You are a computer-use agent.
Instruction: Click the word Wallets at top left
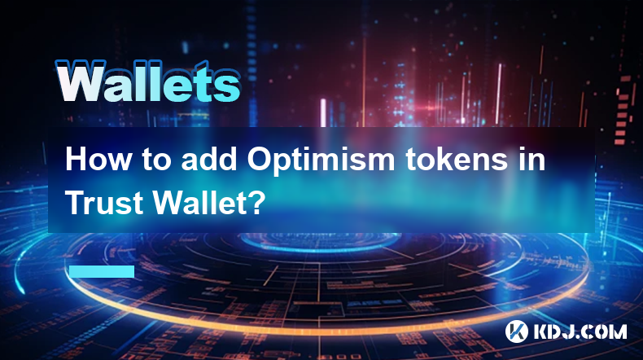click(x=147, y=82)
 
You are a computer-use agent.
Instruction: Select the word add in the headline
click(x=209, y=160)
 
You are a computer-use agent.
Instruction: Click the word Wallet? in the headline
click(x=207, y=202)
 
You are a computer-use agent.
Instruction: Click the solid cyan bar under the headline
click(x=102, y=271)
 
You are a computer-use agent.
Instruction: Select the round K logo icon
click(x=517, y=331)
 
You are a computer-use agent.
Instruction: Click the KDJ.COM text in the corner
click(x=580, y=331)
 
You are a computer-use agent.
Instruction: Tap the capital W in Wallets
click(x=81, y=81)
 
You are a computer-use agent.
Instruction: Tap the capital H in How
click(x=77, y=160)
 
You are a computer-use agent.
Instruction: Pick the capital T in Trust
click(x=75, y=202)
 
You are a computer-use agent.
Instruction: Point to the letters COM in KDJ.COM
click(x=604, y=331)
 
